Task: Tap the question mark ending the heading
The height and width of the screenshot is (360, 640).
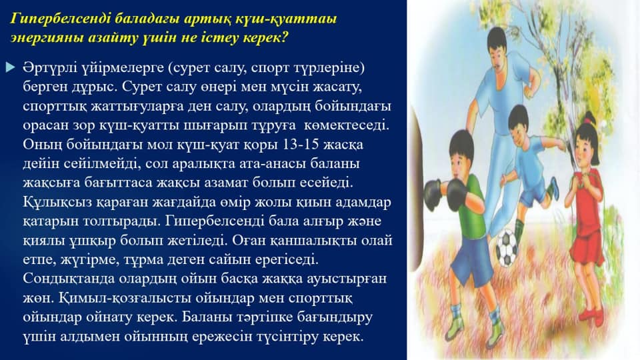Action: pyautogui.click(x=285, y=37)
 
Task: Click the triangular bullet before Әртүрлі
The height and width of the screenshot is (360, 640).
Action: pyautogui.click(x=11, y=67)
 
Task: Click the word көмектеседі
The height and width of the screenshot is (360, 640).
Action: pyautogui.click(x=346, y=125)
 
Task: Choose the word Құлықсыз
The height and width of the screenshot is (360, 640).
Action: pyautogui.click(x=58, y=203)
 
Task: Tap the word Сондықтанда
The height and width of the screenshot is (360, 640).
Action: pyautogui.click(x=69, y=279)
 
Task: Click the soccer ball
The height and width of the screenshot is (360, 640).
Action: pyautogui.click(x=507, y=248)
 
